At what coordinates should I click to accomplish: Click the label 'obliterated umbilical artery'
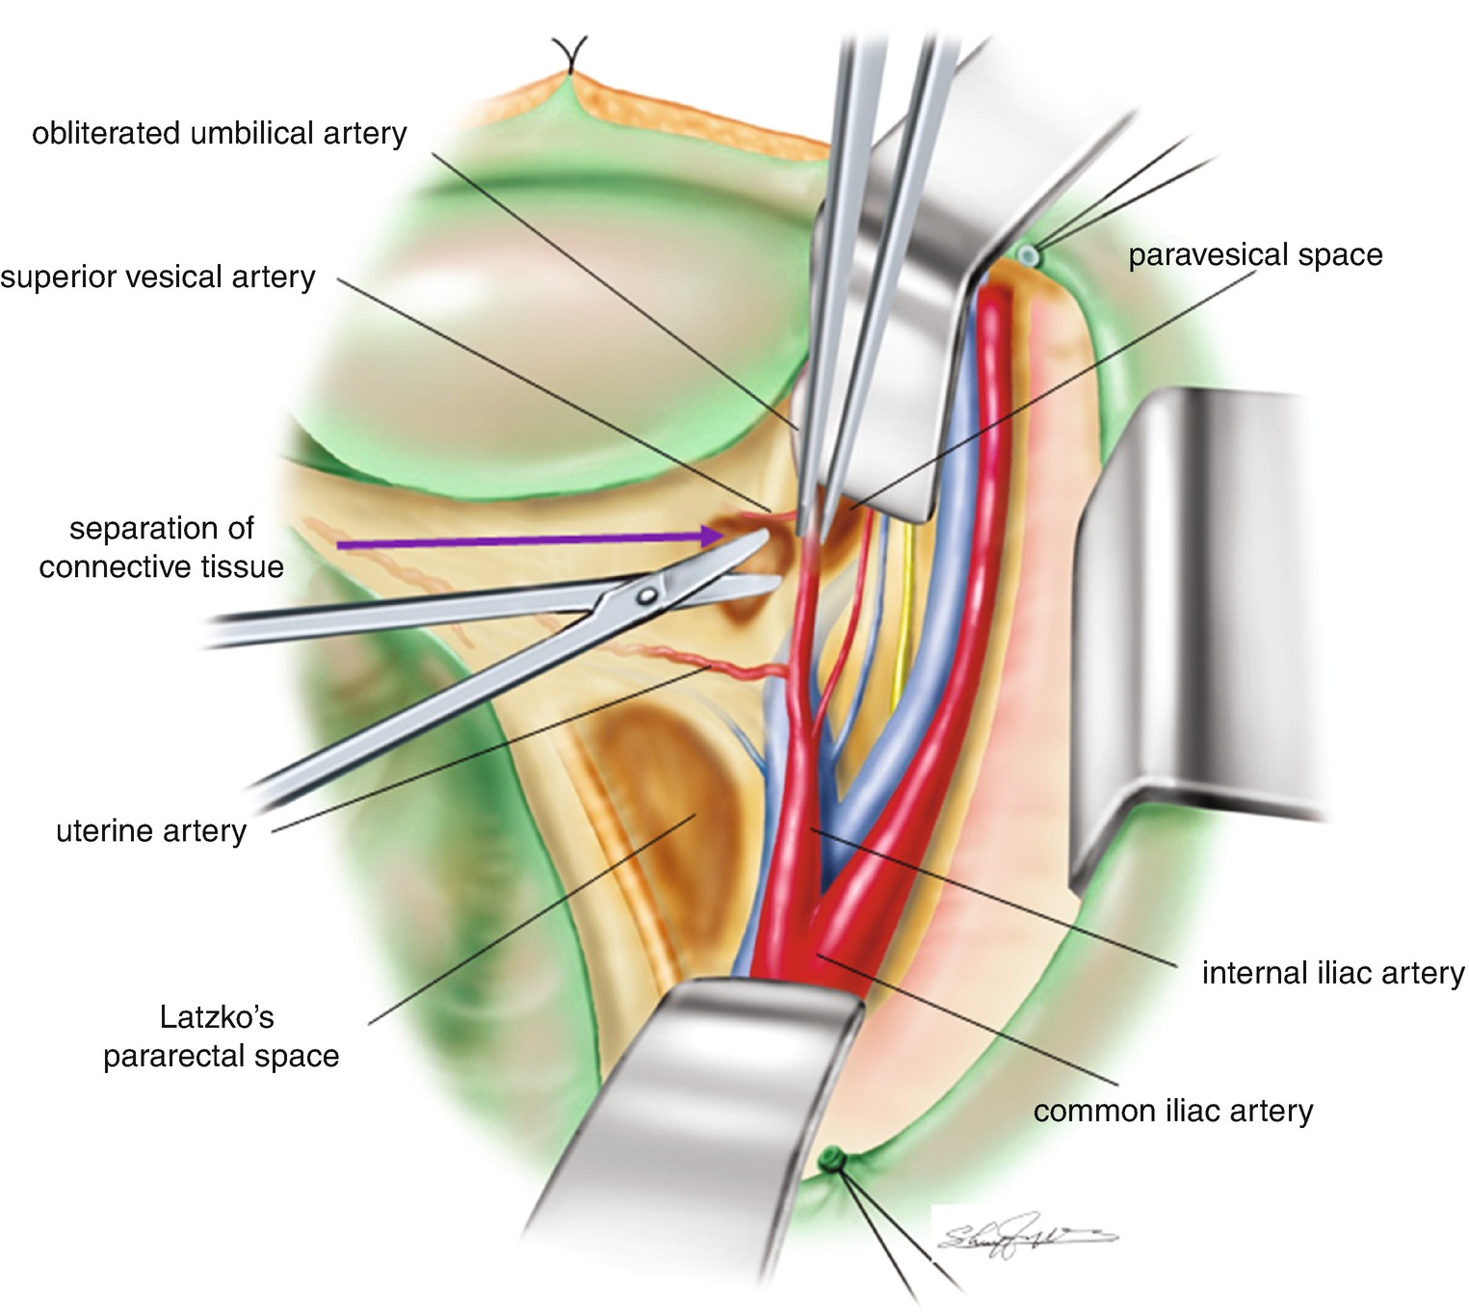tap(219, 133)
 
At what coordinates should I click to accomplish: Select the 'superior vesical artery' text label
tap(158, 277)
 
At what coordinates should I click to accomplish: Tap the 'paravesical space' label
tap(1255, 255)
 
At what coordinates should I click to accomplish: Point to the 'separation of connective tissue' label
tap(161, 547)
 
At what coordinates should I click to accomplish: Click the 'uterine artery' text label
tap(151, 830)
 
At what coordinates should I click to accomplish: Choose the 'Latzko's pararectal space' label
tap(221, 1037)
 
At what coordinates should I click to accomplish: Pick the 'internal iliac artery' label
tap(1332, 973)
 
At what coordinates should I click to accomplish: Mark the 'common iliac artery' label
tap(1172, 1111)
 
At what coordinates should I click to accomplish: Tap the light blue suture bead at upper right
tap(1029, 254)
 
